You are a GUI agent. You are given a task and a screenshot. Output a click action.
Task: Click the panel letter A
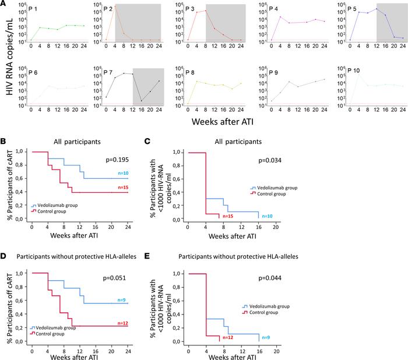[x=5, y=5]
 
